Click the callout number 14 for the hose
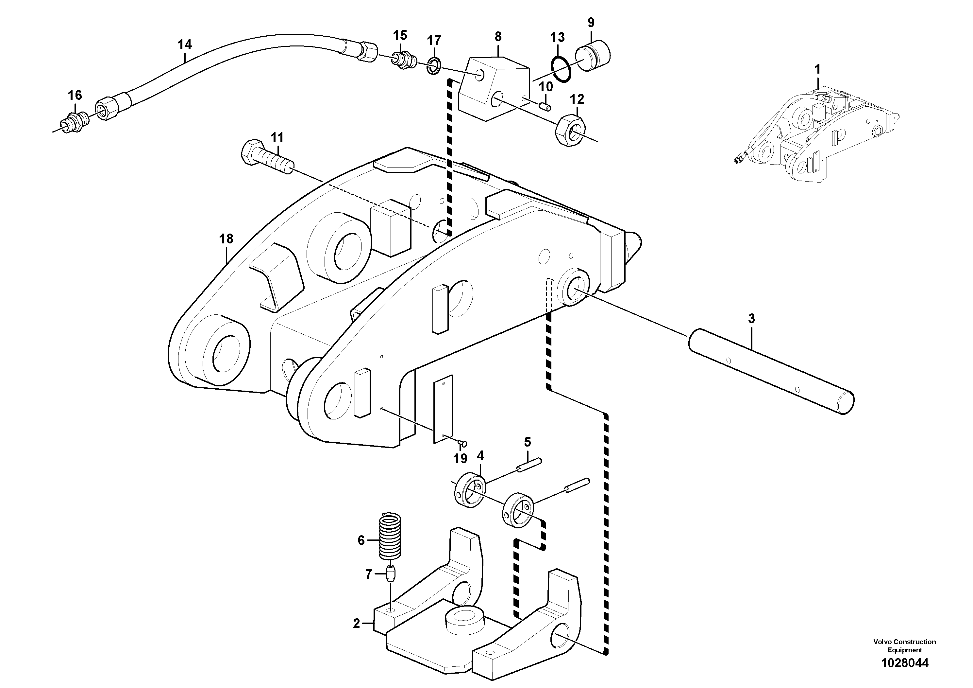(184, 44)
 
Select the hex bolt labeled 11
(266, 159)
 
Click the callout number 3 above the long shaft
(751, 319)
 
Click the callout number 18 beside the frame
(226, 239)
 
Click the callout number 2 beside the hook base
(356, 624)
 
